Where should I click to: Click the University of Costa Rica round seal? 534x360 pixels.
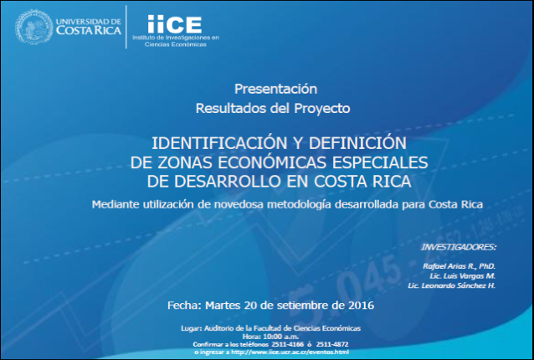click(x=34, y=27)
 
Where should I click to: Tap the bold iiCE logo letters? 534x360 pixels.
click(x=175, y=24)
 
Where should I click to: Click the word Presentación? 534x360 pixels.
click(x=276, y=89)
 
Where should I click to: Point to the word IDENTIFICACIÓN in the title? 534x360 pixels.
click(x=223, y=143)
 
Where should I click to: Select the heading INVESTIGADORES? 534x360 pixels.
click(x=459, y=247)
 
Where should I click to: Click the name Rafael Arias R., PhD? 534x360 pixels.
click(x=459, y=266)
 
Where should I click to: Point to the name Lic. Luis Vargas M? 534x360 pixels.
click(x=463, y=275)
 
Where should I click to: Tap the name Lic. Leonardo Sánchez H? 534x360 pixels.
click(x=452, y=285)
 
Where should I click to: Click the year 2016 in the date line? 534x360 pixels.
click(x=362, y=306)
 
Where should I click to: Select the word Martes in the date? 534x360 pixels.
click(x=223, y=306)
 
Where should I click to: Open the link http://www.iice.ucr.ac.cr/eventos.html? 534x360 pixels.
click(x=290, y=352)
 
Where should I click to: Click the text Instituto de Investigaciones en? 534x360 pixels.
click(x=176, y=38)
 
